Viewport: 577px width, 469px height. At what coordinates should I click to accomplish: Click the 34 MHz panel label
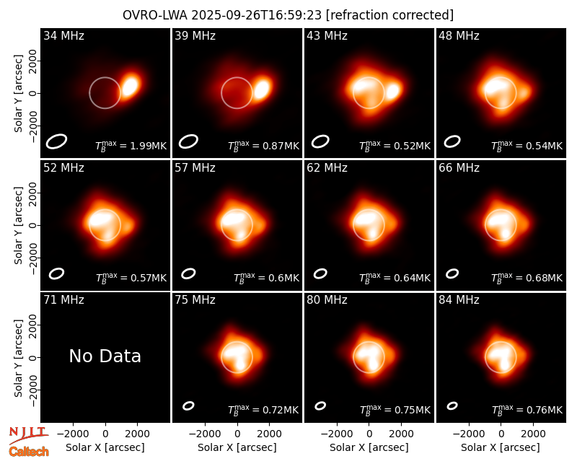[x=63, y=35]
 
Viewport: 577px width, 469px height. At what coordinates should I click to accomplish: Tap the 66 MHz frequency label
[x=459, y=168]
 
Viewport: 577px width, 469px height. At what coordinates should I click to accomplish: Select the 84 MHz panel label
[x=459, y=300]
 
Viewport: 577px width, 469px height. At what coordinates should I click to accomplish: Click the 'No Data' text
[x=105, y=356]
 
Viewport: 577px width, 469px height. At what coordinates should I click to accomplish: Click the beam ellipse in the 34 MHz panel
[x=56, y=141]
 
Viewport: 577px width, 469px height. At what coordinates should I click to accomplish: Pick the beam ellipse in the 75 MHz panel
[x=188, y=406]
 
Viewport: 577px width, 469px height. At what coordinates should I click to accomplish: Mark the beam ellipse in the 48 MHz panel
[x=452, y=141]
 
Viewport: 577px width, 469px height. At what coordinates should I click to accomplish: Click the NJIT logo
[x=28, y=434]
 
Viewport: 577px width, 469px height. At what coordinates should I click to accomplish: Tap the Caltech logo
[x=29, y=452]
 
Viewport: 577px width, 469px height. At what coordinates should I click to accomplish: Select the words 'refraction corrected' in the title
[x=390, y=15]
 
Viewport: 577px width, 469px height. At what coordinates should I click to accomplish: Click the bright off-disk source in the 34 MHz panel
[x=131, y=86]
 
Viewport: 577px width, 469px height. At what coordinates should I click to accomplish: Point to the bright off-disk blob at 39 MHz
[x=262, y=89]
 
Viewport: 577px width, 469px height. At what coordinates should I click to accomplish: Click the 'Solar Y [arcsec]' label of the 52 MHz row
[x=18, y=225]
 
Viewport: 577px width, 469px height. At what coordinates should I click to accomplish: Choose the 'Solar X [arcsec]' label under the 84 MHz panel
[x=501, y=447]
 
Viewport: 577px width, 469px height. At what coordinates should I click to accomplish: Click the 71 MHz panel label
[x=63, y=300]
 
